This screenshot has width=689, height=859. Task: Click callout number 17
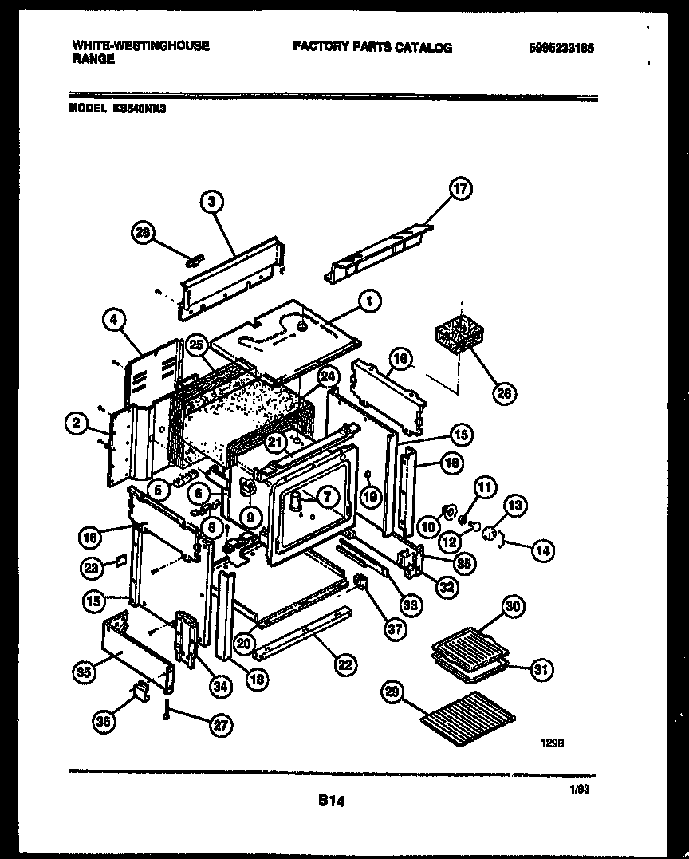pos(461,188)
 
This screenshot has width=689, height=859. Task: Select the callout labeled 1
pos(368,301)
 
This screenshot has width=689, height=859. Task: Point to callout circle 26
pos(504,392)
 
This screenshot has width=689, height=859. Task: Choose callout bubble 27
pos(219,725)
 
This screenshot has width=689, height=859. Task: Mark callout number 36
pos(104,721)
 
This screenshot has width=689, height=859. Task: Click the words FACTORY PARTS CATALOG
pos(372,48)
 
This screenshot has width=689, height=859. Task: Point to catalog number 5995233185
pos(561,48)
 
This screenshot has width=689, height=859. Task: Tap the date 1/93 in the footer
pos(579,790)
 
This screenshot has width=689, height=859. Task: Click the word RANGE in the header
pos(93,59)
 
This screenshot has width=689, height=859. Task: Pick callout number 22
pos(345,664)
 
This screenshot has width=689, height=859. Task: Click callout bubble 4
pos(115,321)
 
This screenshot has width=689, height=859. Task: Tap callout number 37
pos(393,629)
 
